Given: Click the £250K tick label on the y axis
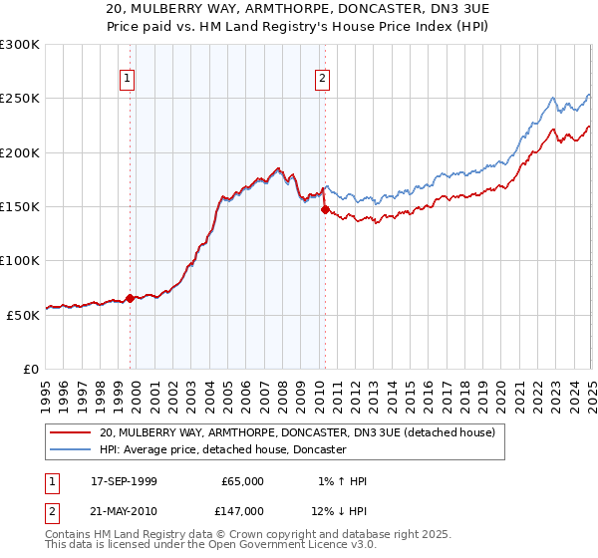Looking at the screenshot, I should click(19, 99).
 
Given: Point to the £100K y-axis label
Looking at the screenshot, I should click(19, 260).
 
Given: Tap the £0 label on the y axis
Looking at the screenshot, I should click(30, 369).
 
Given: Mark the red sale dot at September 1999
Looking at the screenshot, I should click(130, 298).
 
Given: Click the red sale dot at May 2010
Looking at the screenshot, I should click(324, 209).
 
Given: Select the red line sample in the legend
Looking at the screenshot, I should click(72, 432).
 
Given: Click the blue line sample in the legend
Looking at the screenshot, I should click(72, 450).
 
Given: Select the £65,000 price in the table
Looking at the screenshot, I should click(242, 481).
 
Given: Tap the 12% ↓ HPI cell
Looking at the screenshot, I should click(339, 510).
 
